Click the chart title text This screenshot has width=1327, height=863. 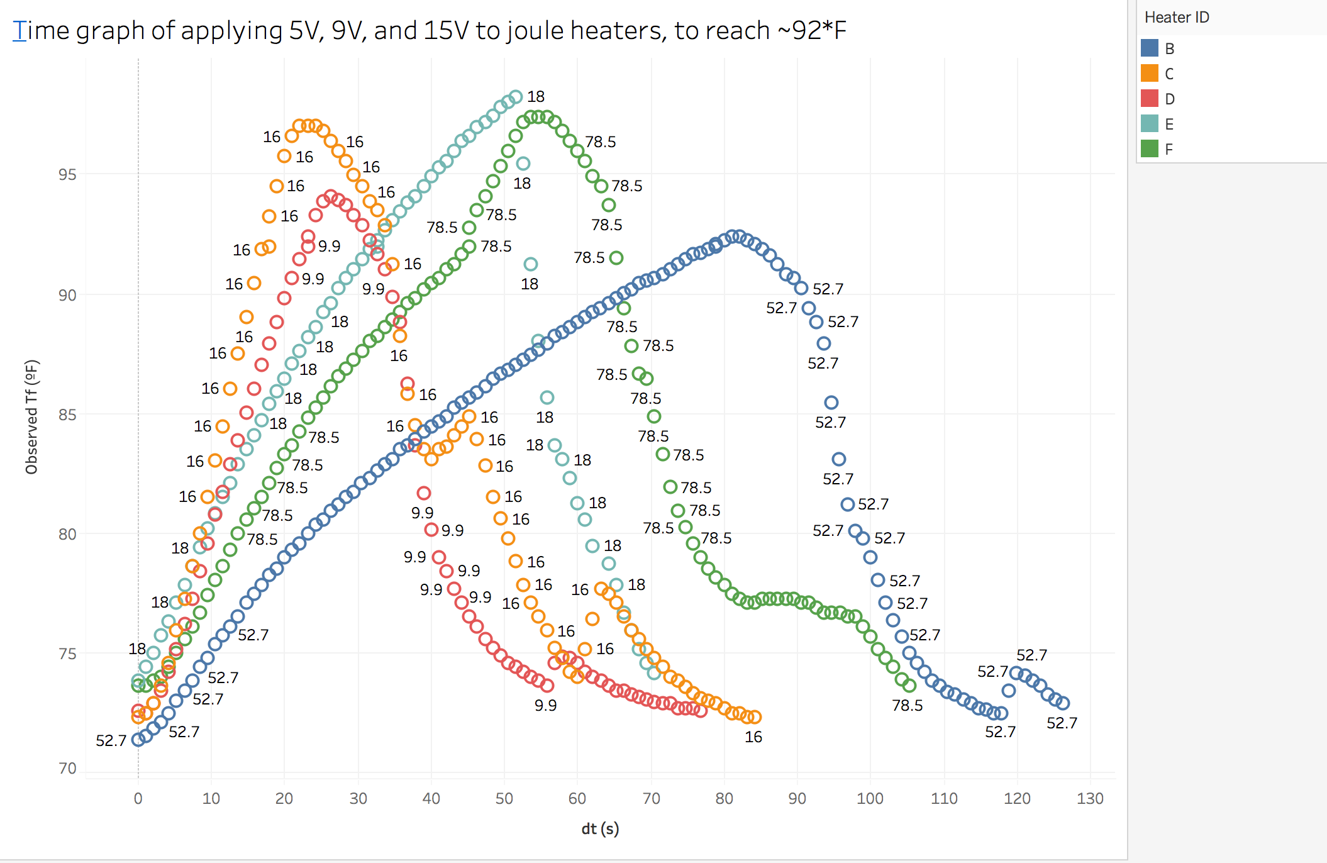pos(430,30)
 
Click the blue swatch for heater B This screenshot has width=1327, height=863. pos(1150,48)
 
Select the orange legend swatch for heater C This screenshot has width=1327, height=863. pos(1150,74)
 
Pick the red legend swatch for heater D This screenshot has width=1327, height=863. pos(1150,99)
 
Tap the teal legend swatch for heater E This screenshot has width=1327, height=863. pos(1150,124)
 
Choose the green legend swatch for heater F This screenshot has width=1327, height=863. pos(1150,149)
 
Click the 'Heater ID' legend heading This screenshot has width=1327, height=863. pos(1177,18)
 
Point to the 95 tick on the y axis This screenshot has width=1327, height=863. pos(67,174)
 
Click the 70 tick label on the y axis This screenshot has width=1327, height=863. pos(67,768)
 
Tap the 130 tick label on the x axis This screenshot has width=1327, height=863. pos(1090,798)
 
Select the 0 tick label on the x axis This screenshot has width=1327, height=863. pos(138,798)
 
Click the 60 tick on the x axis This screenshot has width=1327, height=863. pos(577,798)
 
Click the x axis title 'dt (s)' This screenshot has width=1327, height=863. pos(600,828)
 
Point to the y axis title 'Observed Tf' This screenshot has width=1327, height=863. pos(32,416)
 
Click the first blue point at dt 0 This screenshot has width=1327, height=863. pos(138,740)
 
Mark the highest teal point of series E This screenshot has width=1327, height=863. pos(516,97)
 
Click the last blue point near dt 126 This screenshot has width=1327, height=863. pos(1063,703)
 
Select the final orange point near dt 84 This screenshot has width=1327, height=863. pos(755,717)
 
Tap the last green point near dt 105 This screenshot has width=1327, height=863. pos(909,686)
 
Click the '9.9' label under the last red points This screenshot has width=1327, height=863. pos(545,705)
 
